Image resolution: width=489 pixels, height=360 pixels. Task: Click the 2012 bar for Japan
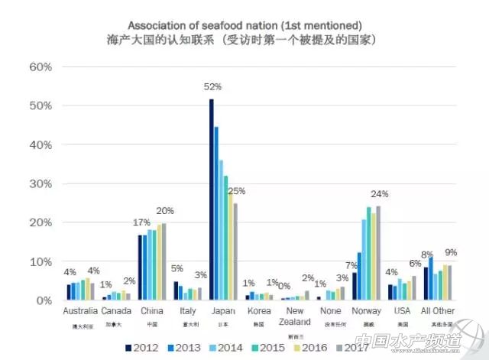point(212,199)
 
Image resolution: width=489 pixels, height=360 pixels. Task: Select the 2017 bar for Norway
point(378,253)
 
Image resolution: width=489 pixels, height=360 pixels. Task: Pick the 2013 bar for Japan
point(216,213)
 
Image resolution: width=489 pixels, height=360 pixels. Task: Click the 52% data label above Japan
point(212,87)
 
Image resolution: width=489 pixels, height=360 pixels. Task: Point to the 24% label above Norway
point(380,193)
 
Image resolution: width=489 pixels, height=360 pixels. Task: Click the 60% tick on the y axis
point(40,66)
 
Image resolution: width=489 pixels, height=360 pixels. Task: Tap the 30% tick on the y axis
point(40,183)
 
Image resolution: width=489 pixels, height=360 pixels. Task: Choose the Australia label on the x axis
point(80,311)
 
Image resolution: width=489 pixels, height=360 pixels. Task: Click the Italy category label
point(187,311)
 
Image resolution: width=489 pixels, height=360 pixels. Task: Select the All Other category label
point(437,311)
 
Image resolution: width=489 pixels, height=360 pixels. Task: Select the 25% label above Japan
point(237,191)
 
